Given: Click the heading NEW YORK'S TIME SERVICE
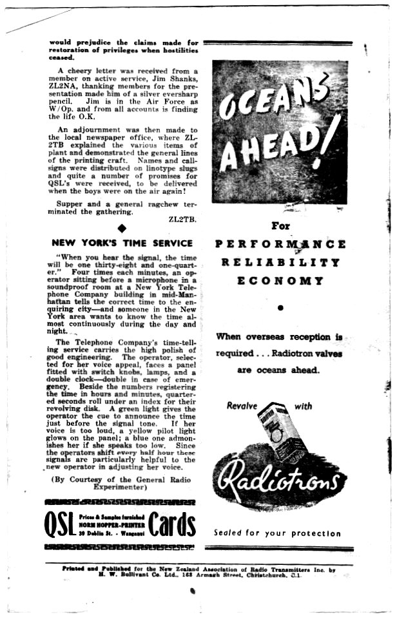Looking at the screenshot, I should (122, 243).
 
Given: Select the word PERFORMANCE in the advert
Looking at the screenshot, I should (280, 245).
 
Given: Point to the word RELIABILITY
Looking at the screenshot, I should (280, 263).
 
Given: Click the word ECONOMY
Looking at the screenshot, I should (280, 281).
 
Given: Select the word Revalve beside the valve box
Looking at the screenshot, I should (242, 406).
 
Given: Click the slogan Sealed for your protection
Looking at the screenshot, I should (277, 533).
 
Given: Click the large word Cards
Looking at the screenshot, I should (171, 525).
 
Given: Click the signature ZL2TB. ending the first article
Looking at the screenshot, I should (182, 219).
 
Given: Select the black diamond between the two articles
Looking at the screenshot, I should (122, 228).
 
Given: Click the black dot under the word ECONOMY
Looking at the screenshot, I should (280, 308).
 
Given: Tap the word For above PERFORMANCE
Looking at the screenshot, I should (280, 226).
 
